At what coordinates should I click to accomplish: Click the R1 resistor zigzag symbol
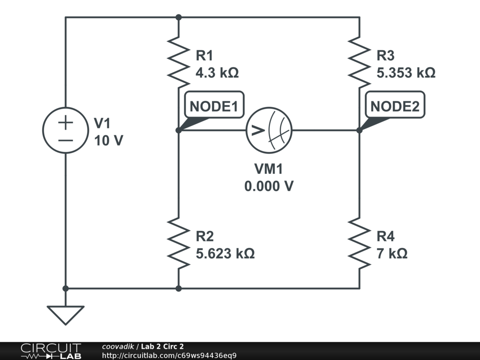tap(179, 62)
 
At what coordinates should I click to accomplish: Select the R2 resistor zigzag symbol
tap(179, 243)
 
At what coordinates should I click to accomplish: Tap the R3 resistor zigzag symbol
tap(360, 62)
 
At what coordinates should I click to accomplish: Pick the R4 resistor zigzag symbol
tap(360, 243)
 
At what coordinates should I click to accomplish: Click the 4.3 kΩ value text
tap(217, 73)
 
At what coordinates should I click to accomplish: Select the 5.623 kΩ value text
tap(225, 254)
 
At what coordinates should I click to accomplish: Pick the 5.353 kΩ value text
tap(406, 73)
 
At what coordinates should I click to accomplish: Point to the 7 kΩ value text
tap(392, 254)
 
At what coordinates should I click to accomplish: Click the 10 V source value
tap(109, 141)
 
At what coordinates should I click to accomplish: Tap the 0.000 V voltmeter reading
tap(269, 186)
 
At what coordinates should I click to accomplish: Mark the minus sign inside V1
tap(66, 141)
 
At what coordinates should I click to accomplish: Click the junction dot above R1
tap(179, 17)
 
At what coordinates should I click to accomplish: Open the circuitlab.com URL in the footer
tap(169, 355)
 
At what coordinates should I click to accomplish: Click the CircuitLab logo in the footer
tap(51, 351)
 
